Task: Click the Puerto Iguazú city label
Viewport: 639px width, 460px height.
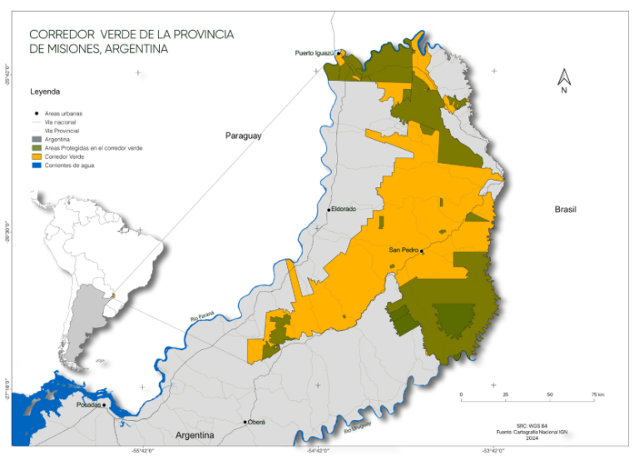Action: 314,53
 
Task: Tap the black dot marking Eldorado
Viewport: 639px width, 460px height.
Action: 329,210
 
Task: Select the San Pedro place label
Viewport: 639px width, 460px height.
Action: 404,250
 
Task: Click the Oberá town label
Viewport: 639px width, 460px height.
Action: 257,422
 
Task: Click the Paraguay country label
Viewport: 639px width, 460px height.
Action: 243,135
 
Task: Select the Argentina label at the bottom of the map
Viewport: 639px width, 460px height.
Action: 195,435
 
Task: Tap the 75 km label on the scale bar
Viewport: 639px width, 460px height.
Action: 597,394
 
